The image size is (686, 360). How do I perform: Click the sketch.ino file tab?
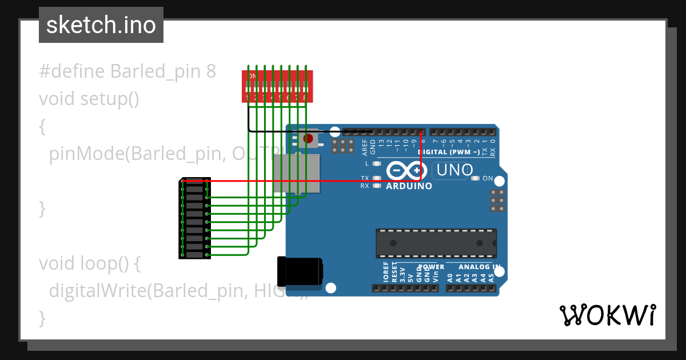pyautogui.click(x=101, y=25)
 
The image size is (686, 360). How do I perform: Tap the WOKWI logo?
pyautogui.click(x=608, y=315)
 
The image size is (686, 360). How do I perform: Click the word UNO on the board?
pyautogui.click(x=455, y=170)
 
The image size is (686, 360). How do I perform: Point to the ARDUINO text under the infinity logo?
pyautogui.click(x=409, y=186)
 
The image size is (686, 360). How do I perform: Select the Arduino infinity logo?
pyautogui.click(x=406, y=171)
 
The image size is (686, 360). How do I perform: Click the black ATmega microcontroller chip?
pyautogui.click(x=436, y=243)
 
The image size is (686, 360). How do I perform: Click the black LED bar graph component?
pyautogui.click(x=194, y=218)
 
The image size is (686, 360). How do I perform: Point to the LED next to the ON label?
pyautogui.click(x=475, y=178)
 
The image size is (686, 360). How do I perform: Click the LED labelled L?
pyautogui.click(x=376, y=164)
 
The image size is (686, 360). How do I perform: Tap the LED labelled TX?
pyautogui.click(x=376, y=178)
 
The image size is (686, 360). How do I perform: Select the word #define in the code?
pyautogui.click(x=72, y=72)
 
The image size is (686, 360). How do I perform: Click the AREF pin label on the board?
pyautogui.click(x=365, y=146)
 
